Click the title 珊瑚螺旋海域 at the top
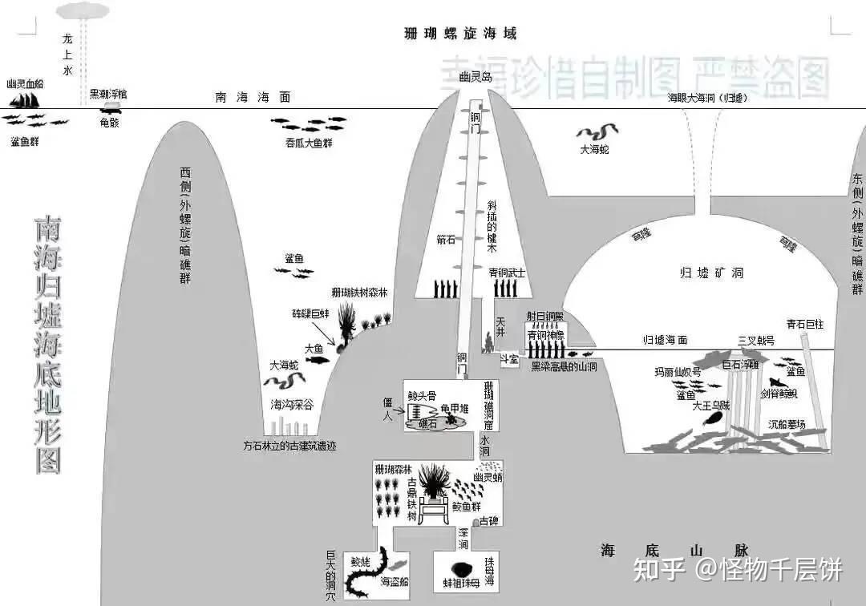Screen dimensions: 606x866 click(x=460, y=34)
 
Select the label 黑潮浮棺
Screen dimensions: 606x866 click(x=107, y=94)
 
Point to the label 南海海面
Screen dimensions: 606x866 click(x=253, y=97)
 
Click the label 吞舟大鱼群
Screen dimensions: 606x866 click(x=309, y=143)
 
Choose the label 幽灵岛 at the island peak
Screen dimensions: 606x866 click(x=475, y=78)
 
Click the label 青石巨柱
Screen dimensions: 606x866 click(x=805, y=325)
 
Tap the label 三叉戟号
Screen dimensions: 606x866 click(x=756, y=340)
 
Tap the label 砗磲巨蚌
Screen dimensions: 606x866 click(x=311, y=316)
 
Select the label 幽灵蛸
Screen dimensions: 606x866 click(x=487, y=478)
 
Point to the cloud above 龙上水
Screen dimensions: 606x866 click(x=83, y=10)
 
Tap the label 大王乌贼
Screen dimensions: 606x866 click(x=711, y=406)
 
